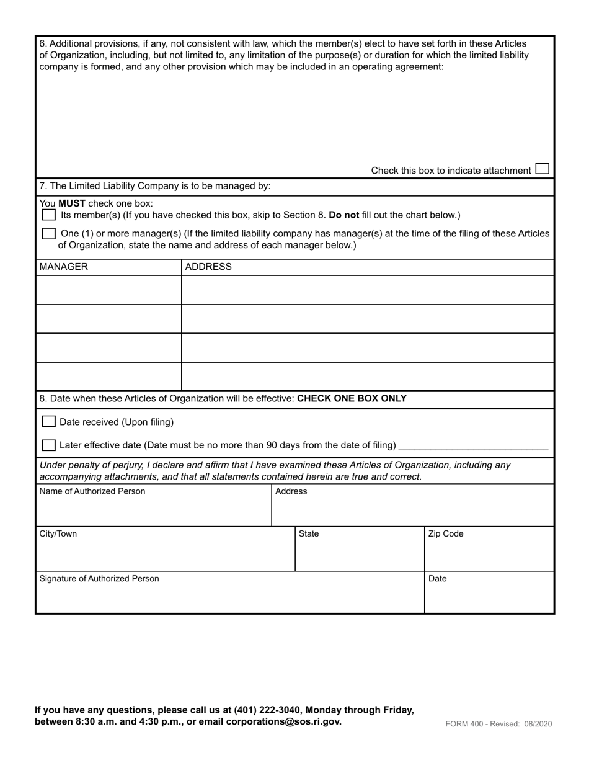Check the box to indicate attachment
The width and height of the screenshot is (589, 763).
coord(542,169)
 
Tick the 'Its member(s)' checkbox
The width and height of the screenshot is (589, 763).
coord(48,215)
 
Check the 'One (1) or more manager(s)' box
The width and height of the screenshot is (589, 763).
coord(48,234)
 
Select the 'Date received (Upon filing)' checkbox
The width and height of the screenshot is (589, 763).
coord(48,422)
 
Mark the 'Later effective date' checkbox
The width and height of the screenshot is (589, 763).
coord(48,445)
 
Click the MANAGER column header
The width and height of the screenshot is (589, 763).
coord(64,267)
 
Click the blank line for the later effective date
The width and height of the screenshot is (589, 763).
coord(474,445)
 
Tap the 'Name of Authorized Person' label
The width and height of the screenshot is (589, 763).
coord(92,491)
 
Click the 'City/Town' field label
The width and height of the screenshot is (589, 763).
coord(58,534)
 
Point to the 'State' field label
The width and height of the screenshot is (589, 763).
coord(309,534)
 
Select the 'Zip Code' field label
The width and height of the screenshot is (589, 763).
coord(446,534)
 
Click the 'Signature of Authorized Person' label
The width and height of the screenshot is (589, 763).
coord(99,579)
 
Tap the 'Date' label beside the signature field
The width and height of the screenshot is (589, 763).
coord(438,579)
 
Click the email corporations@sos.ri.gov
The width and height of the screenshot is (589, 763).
coord(283,721)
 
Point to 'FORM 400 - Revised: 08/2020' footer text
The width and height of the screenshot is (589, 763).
coord(498,723)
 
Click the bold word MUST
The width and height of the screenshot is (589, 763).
coord(72,203)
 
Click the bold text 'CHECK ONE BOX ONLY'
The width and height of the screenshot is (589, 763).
coord(352,398)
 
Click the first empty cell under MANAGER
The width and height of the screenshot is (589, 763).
coord(108,290)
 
